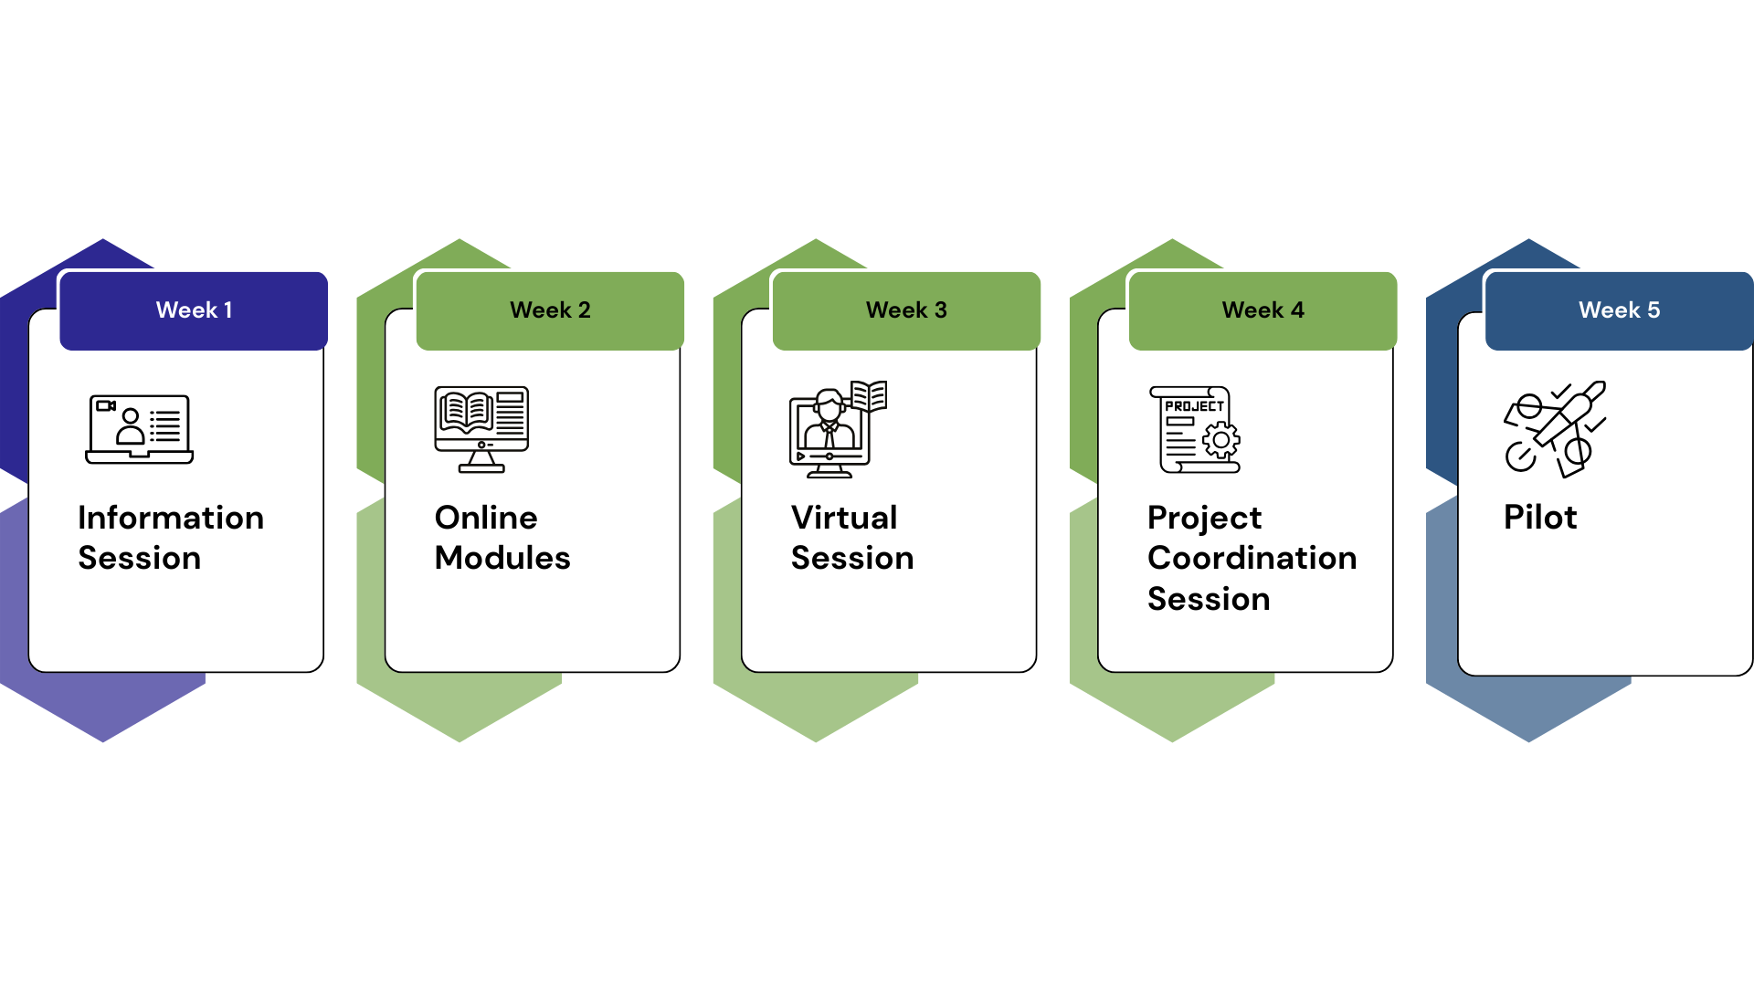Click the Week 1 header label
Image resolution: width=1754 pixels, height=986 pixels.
[x=194, y=310]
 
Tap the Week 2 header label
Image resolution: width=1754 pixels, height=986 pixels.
[x=550, y=310]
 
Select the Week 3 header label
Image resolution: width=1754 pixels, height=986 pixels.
[x=906, y=310]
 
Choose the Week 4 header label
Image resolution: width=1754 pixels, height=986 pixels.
[x=1263, y=310]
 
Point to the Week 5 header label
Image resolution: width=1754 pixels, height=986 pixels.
[x=1619, y=310]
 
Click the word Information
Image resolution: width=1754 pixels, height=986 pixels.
[x=171, y=518]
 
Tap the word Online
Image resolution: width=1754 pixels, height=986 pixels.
[x=486, y=518]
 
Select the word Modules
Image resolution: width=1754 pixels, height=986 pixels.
[x=502, y=558]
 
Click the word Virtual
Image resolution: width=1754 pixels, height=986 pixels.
[x=844, y=518]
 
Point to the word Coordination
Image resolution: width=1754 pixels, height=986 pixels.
[x=1252, y=558]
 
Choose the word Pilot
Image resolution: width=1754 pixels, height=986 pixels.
[x=1540, y=518]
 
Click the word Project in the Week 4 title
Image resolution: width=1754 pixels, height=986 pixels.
[x=1204, y=518]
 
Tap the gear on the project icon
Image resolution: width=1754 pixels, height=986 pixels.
[x=1221, y=441]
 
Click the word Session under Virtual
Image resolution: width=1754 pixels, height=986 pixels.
[x=852, y=558]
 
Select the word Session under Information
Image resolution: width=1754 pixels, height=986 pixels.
[x=140, y=558]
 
